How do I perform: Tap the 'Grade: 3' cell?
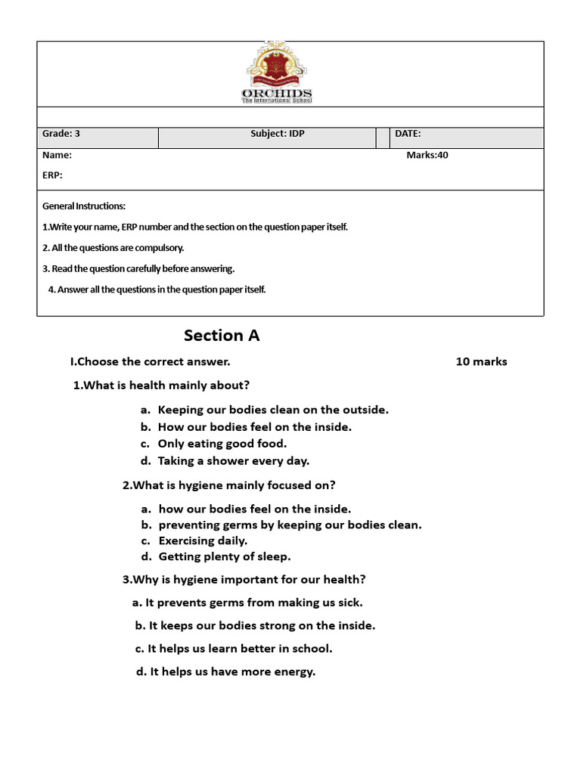(x=61, y=134)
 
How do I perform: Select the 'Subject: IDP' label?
(x=278, y=134)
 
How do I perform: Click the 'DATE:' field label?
(x=408, y=134)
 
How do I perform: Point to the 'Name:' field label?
(x=57, y=155)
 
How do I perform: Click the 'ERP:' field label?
(x=52, y=175)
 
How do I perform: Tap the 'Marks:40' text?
(x=432, y=155)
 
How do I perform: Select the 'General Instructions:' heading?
(x=84, y=206)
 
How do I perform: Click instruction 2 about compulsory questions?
(x=113, y=248)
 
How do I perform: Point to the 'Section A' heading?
(x=222, y=336)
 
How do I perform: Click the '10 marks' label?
(x=481, y=361)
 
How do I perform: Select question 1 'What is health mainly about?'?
(x=161, y=385)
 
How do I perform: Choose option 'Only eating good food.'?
(x=222, y=444)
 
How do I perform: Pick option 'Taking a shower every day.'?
(x=233, y=460)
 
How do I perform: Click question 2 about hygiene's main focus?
(x=228, y=485)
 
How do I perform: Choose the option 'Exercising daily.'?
(x=203, y=540)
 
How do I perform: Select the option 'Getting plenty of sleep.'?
(x=224, y=556)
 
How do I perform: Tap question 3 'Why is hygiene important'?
(x=244, y=580)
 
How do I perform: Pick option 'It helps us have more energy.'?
(x=231, y=671)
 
